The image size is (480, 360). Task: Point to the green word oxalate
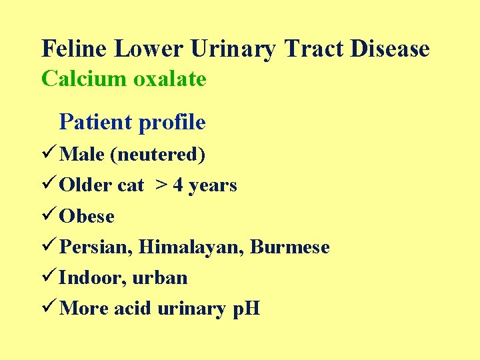click(x=170, y=79)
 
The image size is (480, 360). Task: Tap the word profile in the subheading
click(x=171, y=122)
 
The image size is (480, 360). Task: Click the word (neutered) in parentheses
click(x=157, y=155)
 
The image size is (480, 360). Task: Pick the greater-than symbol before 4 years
click(x=161, y=185)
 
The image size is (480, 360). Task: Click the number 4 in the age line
click(x=178, y=185)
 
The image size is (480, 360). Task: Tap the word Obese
click(x=87, y=217)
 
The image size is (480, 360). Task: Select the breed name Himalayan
click(x=192, y=247)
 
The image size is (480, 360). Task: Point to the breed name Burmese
click(x=290, y=247)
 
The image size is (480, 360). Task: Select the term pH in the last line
click(x=245, y=309)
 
